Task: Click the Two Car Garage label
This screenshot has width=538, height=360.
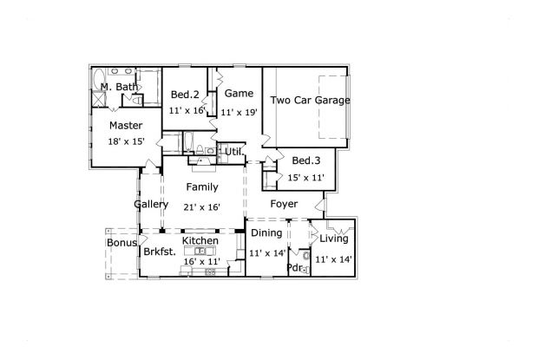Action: (x=310, y=101)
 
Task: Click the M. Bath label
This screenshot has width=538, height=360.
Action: (x=117, y=88)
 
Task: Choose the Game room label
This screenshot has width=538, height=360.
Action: (x=239, y=93)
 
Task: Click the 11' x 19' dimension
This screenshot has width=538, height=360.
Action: (x=239, y=112)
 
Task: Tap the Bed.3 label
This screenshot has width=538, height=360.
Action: (x=306, y=160)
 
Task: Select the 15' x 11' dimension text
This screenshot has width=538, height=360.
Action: (x=305, y=178)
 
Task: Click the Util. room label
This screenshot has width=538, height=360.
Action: (x=233, y=153)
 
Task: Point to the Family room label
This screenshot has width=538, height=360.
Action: (x=201, y=187)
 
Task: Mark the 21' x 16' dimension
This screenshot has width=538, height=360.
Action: (x=201, y=207)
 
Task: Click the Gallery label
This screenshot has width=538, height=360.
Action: (x=151, y=205)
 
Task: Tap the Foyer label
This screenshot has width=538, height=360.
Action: (x=284, y=205)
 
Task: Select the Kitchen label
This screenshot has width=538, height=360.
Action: (x=200, y=240)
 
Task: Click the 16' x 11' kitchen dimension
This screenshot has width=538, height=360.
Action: (x=201, y=261)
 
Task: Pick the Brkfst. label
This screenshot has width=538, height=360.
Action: (x=160, y=252)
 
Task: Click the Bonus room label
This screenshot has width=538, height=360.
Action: (x=121, y=243)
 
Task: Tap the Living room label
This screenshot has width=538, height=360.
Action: (x=333, y=239)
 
